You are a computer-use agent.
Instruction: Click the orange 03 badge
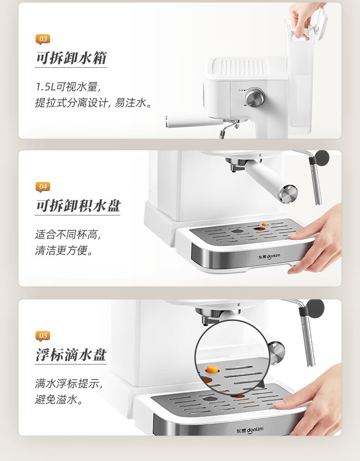click(43, 39)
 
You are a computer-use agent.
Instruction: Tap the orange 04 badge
click(43, 186)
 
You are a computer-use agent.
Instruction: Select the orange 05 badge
click(43, 336)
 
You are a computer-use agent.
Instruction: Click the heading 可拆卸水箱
click(71, 58)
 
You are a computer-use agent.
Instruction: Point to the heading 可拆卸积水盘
click(78, 206)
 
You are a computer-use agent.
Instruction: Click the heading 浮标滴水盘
click(71, 355)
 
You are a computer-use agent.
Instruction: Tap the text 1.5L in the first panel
click(46, 87)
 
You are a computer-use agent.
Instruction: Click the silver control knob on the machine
click(255, 97)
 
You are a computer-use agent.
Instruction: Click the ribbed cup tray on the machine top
click(240, 67)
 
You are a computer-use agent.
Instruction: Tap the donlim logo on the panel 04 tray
click(269, 256)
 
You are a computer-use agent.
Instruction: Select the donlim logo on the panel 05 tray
click(250, 430)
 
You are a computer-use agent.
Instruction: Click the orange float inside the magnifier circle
click(212, 369)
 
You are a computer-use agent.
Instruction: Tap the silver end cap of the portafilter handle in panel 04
click(288, 194)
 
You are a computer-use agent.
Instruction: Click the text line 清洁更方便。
click(64, 250)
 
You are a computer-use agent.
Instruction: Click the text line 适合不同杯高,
click(68, 235)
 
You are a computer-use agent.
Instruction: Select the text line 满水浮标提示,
click(68, 383)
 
